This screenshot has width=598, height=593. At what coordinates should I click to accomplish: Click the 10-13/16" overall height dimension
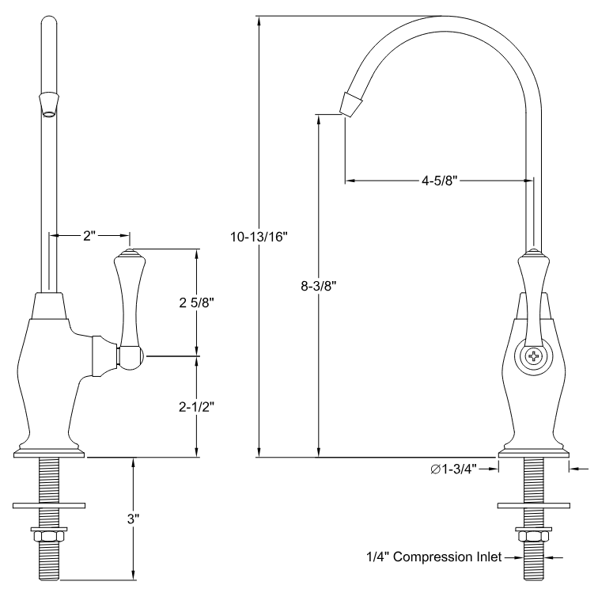click(x=259, y=236)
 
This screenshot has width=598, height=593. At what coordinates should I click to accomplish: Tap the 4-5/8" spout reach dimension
click(x=437, y=181)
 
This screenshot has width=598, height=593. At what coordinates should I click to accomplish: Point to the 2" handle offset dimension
click(x=89, y=235)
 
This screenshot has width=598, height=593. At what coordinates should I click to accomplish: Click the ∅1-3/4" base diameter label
click(x=460, y=469)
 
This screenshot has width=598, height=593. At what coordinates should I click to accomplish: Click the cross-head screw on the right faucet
click(x=534, y=357)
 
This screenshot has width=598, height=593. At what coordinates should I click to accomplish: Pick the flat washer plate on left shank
click(x=49, y=504)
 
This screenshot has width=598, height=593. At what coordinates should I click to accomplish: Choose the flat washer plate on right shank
click(x=533, y=504)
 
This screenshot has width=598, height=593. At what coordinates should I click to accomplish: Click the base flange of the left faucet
click(x=49, y=453)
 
